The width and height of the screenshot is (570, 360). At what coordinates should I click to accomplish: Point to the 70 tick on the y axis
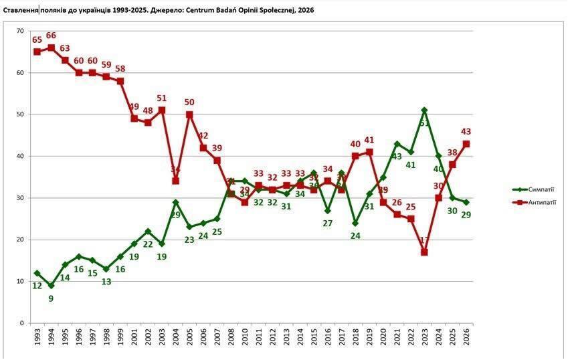click(x=20, y=31)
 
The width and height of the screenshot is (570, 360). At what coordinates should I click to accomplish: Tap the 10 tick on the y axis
click(x=20, y=281)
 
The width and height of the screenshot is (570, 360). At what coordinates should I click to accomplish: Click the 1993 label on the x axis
click(x=37, y=338)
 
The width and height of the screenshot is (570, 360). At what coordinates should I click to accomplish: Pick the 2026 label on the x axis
click(x=466, y=338)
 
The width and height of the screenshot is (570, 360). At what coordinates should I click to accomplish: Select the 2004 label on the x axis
click(x=175, y=338)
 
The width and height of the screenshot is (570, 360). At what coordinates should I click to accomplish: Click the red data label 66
click(x=51, y=35)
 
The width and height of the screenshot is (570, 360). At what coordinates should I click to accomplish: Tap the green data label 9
click(x=52, y=298)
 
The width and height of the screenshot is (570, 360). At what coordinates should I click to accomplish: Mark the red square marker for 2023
click(x=424, y=252)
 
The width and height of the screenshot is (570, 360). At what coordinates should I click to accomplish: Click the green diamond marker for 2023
click(x=424, y=110)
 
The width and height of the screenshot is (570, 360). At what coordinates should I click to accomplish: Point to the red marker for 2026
click(x=466, y=144)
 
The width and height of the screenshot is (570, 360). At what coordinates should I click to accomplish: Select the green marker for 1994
click(x=51, y=286)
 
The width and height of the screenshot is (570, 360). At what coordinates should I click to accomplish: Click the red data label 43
click(x=466, y=131)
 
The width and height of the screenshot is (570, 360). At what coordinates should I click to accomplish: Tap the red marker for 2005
click(x=189, y=114)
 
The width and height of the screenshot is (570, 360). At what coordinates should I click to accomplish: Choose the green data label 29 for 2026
click(x=466, y=215)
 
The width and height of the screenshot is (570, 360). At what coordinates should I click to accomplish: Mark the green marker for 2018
click(x=355, y=223)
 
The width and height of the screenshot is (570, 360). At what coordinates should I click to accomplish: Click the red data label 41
click(x=369, y=140)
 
